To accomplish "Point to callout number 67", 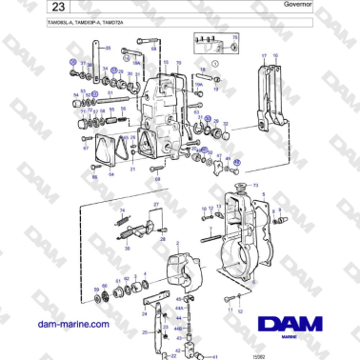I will coord(85,150).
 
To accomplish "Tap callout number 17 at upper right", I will coord(263,56).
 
